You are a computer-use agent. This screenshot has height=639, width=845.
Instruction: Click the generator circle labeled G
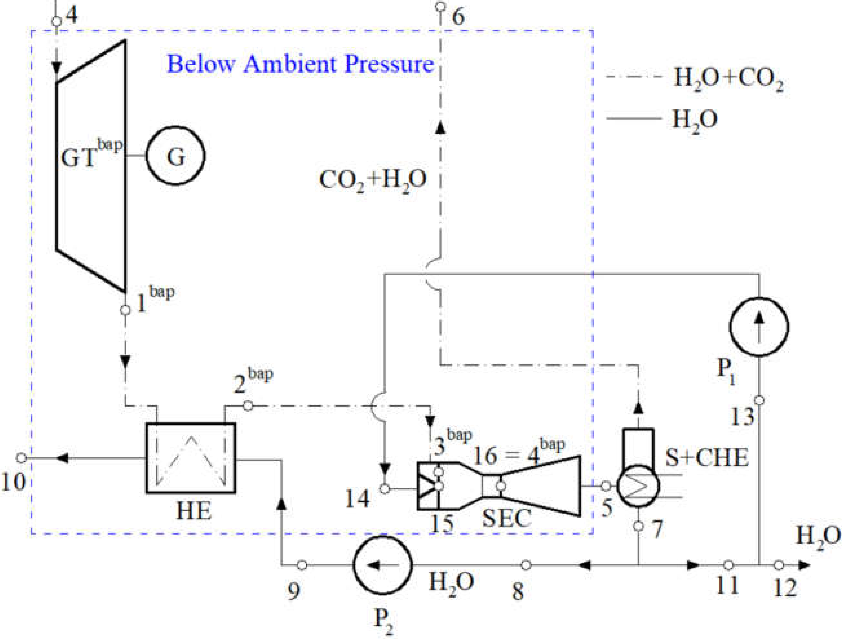point(175,156)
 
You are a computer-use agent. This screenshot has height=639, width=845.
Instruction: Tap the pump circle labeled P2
point(382,565)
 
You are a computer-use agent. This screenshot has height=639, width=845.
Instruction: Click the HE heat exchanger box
point(191,457)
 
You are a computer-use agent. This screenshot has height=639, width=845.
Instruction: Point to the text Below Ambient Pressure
point(301,64)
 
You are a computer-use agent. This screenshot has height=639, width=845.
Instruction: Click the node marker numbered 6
point(441,6)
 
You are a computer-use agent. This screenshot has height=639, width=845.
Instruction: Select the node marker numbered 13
point(759,400)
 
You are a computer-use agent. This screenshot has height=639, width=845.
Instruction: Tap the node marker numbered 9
point(302,565)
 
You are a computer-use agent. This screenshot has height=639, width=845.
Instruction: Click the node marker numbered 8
point(526,565)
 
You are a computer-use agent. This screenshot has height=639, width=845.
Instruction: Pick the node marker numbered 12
point(779,565)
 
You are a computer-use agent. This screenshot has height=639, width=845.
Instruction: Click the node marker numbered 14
point(385,488)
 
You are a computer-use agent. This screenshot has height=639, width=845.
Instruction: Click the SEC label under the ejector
point(506,519)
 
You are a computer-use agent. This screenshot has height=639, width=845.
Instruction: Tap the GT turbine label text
point(91,156)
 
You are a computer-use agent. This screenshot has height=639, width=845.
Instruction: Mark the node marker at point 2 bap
point(248,406)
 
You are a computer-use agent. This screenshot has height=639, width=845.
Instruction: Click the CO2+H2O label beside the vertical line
point(372,180)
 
